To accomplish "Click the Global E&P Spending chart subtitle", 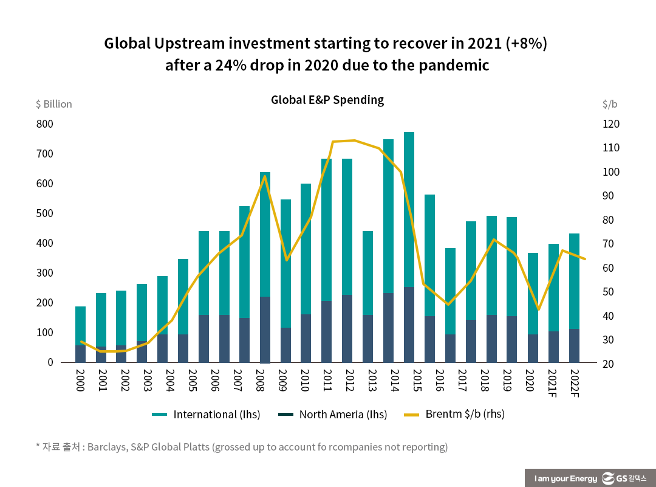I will (x=327, y=100).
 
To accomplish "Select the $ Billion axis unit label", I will (x=53, y=104).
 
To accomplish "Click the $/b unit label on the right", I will (x=610, y=104).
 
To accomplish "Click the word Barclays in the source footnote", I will (x=108, y=447).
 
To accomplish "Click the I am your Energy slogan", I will (x=565, y=479).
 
